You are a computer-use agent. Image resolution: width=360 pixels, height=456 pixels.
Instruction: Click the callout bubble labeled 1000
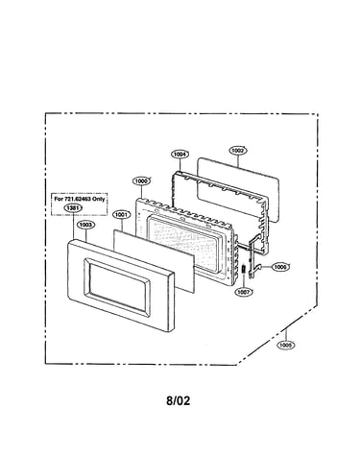141,181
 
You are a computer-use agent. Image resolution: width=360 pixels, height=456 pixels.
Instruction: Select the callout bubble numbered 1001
122,215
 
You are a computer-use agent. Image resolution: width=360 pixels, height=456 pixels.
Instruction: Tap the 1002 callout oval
238,151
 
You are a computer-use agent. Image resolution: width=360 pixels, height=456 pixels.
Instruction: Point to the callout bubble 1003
85,225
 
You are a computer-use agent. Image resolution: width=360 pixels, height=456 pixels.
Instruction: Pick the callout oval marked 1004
180,155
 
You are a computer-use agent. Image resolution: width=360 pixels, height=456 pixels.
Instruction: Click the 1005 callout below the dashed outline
285,345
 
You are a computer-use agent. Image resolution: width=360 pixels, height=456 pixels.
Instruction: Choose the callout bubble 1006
280,267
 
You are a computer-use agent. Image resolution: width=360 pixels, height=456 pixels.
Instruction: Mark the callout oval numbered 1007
244,292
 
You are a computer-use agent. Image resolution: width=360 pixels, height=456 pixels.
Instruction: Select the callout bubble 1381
73,208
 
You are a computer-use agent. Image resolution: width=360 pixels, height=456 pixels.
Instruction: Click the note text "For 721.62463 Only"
79,199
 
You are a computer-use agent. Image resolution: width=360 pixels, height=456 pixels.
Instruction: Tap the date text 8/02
178,400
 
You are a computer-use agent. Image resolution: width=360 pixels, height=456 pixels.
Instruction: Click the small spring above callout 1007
244,269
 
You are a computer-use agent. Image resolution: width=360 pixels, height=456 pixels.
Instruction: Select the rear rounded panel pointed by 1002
238,189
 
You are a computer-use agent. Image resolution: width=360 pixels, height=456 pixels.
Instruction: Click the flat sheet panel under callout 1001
154,260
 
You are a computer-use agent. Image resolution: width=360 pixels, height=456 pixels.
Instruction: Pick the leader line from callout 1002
238,161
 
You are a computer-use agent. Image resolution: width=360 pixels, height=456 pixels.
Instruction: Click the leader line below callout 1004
180,165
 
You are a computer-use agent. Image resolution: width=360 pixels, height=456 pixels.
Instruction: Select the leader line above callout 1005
285,335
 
